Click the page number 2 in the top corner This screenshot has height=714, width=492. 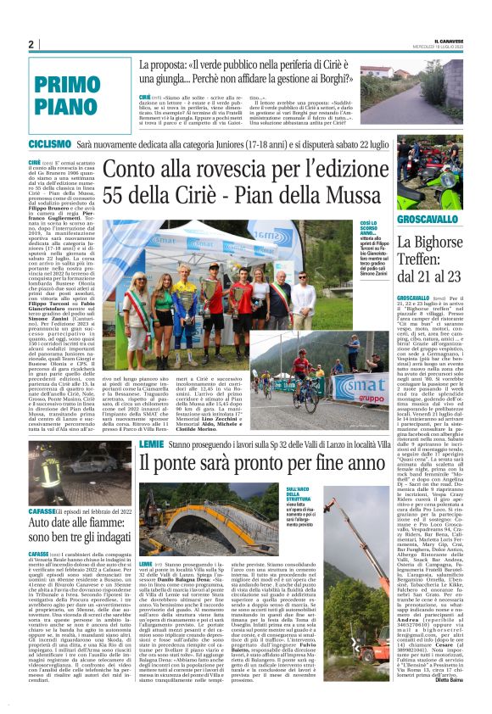tap(30, 44)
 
